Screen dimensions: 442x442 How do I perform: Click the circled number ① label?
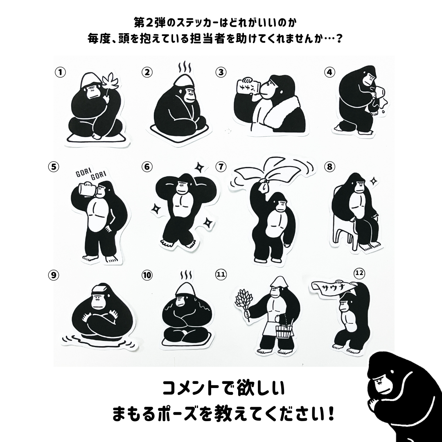pos(60,72)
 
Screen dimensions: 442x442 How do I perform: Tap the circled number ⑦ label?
pos(221,167)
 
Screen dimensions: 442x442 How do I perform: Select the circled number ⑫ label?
pos(359,273)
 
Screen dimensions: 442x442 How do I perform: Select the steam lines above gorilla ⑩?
pos(186,275)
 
